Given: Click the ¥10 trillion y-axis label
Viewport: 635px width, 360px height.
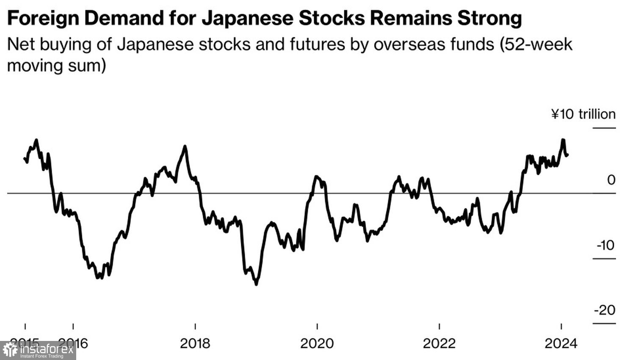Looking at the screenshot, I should click(583, 114).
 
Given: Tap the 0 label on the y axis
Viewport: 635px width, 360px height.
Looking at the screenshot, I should click(610, 180).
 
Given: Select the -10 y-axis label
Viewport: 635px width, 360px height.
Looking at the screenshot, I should click(605, 245).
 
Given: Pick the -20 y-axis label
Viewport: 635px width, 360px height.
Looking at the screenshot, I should click(605, 310).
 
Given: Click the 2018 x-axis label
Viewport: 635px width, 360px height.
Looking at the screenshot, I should click(195, 343).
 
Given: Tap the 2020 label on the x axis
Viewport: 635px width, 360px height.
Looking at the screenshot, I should click(317, 343).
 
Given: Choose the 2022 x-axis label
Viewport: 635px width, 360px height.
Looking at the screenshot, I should click(439, 343).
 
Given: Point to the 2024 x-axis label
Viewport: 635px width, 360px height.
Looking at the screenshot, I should click(561, 343).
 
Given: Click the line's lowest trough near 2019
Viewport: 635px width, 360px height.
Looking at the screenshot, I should click(256, 284).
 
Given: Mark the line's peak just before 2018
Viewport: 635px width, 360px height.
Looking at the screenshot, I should click(185, 147).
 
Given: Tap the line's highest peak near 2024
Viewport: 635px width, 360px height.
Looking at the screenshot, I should click(563, 139).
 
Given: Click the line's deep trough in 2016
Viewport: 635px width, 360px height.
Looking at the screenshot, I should click(99, 278).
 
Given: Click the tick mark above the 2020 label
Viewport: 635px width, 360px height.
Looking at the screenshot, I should click(317, 327).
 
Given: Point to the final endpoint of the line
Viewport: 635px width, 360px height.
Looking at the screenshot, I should click(567, 155).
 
